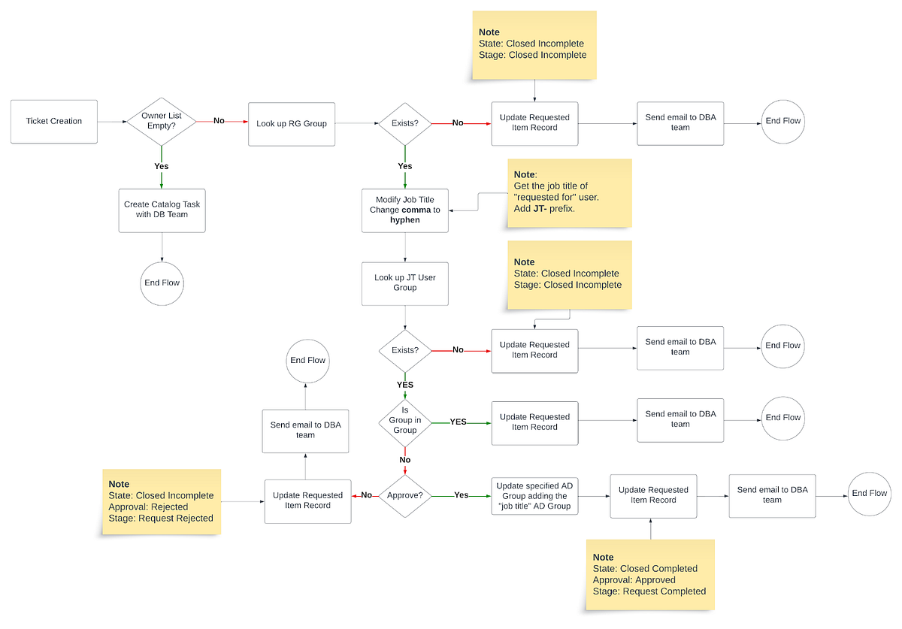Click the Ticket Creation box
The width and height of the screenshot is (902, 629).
point(54,121)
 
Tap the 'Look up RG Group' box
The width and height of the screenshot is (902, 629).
point(292,123)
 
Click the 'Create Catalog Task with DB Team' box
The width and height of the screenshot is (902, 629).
point(162,210)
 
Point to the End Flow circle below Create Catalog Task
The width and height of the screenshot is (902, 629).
point(162,283)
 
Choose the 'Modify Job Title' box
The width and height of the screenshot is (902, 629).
point(405,210)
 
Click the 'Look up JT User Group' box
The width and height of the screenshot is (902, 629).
point(405,283)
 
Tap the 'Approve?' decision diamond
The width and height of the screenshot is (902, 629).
point(405,496)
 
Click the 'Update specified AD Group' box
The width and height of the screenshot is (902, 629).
point(534,496)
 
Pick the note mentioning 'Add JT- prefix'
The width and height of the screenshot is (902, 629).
point(568,193)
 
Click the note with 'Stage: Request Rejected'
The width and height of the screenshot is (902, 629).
point(161,501)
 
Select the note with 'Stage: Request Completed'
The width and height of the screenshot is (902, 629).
point(649,575)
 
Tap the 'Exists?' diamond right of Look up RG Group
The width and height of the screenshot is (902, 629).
point(405,123)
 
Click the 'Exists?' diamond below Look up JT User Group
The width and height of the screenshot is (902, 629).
point(405,350)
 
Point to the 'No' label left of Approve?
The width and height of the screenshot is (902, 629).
point(367,496)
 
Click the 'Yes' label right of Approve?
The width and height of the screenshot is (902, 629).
point(461,496)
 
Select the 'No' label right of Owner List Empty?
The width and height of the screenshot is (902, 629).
point(219,121)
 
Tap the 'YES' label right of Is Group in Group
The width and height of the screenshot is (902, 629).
point(458,422)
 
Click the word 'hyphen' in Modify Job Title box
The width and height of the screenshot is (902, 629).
point(405,220)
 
